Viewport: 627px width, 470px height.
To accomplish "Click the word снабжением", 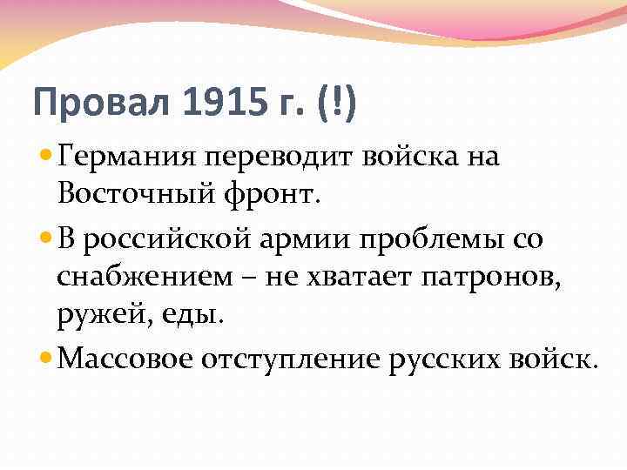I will click(140, 278).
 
